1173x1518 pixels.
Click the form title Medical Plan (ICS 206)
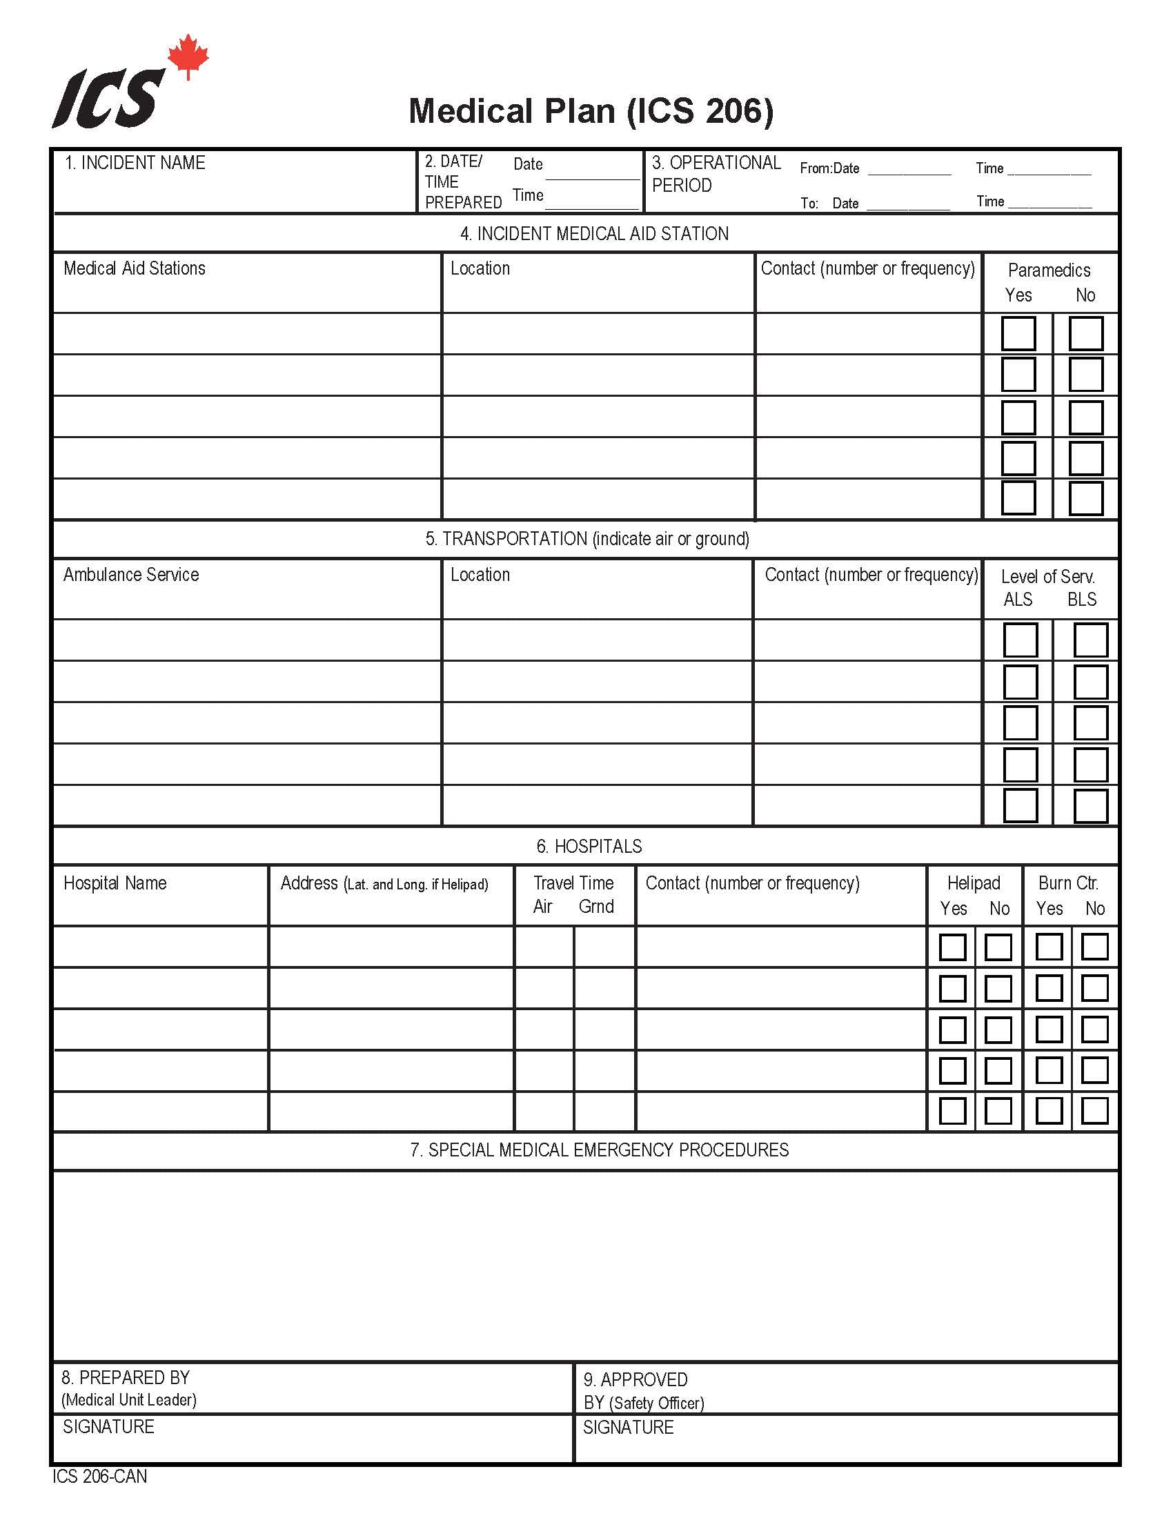591,111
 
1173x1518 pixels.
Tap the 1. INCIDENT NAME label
135,163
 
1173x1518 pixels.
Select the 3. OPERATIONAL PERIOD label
716,174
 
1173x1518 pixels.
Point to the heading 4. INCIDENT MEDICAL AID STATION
594,233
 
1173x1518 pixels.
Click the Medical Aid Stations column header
134,268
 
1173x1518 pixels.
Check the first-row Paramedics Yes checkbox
1018,334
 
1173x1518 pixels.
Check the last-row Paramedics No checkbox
1085,498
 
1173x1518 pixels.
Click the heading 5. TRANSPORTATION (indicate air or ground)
587,539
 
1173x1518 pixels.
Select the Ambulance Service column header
130,575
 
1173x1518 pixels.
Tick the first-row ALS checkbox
1020,640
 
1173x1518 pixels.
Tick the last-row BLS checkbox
1090,805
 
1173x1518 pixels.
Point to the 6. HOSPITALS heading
589,846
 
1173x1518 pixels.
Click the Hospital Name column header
115,883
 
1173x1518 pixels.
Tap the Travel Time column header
573,883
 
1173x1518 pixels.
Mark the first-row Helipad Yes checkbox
952,947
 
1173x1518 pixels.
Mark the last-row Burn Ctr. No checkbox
1094,1111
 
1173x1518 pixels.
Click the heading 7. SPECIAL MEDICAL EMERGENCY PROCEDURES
599,1150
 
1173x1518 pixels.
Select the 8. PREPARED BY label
125,1378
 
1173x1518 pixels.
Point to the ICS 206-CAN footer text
99,1477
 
